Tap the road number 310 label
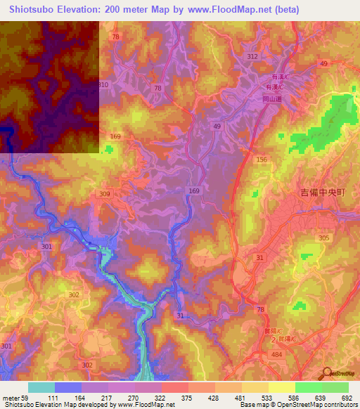(x=103, y=84)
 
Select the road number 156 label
(x=262, y=160)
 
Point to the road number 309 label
(x=105, y=194)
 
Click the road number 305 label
(x=323, y=238)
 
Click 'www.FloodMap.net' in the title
(x=235, y=9)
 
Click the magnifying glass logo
(x=326, y=373)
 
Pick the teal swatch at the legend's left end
(x=41, y=387)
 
